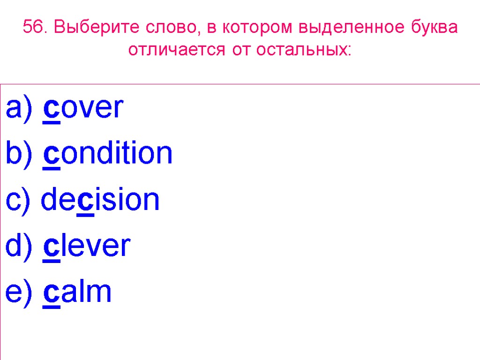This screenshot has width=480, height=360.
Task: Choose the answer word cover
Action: coord(83,108)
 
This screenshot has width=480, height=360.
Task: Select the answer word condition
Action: coord(108,154)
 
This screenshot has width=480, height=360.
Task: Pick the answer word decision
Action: coord(100,200)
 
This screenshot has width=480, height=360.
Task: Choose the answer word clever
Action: coord(87,246)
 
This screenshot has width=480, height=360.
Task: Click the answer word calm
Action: coord(77,292)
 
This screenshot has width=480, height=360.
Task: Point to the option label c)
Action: coord(18,200)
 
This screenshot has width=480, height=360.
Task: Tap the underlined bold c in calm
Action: coord(51,293)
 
